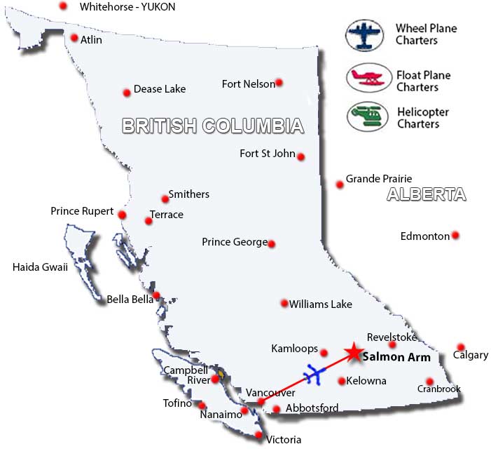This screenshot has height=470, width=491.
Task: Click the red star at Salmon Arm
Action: [354, 351]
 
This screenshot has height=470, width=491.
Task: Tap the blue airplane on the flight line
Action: [314, 374]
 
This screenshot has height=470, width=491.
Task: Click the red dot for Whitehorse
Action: [64, 6]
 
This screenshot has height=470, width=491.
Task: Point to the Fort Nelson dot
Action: [279, 82]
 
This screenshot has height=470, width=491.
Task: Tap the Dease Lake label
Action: [160, 89]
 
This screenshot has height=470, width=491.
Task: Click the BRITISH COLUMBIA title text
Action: [213, 126]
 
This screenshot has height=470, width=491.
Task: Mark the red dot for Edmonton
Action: [455, 235]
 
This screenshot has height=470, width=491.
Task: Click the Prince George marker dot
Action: [272, 244]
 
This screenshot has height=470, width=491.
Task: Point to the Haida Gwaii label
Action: [40, 267]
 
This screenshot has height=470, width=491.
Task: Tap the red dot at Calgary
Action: [461, 347]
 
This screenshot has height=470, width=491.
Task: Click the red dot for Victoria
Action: [259, 436]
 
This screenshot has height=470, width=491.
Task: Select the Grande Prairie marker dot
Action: [340, 184]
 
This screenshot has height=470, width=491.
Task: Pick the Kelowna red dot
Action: [341, 382]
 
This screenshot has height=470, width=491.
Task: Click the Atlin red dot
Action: [74, 38]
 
